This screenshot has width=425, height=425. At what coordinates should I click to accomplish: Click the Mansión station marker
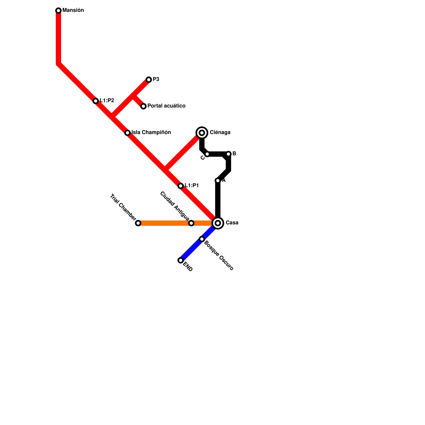[58, 11]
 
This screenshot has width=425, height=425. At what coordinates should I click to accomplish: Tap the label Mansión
[73, 10]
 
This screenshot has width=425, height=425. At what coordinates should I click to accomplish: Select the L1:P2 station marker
[96, 101]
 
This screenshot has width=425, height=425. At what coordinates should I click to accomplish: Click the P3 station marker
[149, 80]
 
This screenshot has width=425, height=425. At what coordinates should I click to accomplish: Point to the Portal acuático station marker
[143, 106]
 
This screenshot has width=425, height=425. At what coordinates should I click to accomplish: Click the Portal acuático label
[166, 106]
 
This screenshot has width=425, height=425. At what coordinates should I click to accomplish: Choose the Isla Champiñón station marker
[127, 133]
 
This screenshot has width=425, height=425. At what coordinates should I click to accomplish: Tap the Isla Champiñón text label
[151, 133]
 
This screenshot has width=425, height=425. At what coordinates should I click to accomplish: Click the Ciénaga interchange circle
[202, 133]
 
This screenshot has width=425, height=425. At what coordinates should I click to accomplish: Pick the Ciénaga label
[220, 133]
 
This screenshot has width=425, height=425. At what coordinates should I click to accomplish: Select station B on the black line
[228, 154]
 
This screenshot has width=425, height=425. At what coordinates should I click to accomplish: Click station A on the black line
[218, 181]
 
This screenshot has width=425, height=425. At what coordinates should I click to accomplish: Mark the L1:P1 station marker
[181, 186]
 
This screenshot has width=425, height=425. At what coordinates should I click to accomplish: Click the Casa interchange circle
[218, 223]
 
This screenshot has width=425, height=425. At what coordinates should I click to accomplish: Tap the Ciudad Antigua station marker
[191, 223]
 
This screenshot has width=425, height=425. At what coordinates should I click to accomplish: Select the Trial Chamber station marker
[138, 223]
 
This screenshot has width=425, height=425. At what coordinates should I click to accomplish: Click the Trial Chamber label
[123, 207]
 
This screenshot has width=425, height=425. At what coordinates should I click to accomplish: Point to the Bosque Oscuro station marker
[202, 239]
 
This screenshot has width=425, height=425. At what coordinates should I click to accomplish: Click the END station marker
[181, 260]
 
